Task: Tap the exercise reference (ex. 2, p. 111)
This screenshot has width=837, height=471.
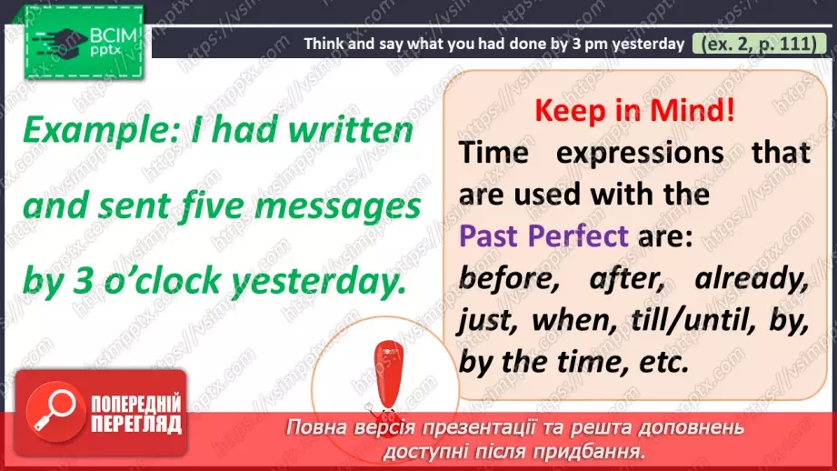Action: [x=758, y=43]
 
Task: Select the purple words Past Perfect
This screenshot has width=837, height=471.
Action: [x=543, y=235]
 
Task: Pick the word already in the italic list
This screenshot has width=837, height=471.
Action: [x=751, y=277]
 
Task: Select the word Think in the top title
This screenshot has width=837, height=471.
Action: [x=324, y=43]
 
